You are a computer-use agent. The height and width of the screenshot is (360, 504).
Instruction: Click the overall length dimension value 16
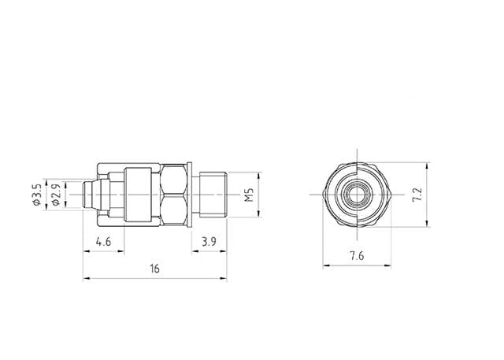(154, 269)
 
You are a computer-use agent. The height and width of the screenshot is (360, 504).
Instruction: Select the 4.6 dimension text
(102, 240)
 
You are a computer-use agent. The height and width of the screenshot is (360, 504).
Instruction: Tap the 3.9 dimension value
(209, 240)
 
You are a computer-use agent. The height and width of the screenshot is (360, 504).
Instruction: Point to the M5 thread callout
(248, 194)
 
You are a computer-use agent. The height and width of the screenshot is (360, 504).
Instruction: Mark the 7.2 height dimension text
(419, 194)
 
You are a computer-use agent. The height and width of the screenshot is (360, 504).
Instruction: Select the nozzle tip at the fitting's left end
(89, 194)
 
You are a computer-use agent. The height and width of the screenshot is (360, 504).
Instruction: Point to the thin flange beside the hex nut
(190, 194)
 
